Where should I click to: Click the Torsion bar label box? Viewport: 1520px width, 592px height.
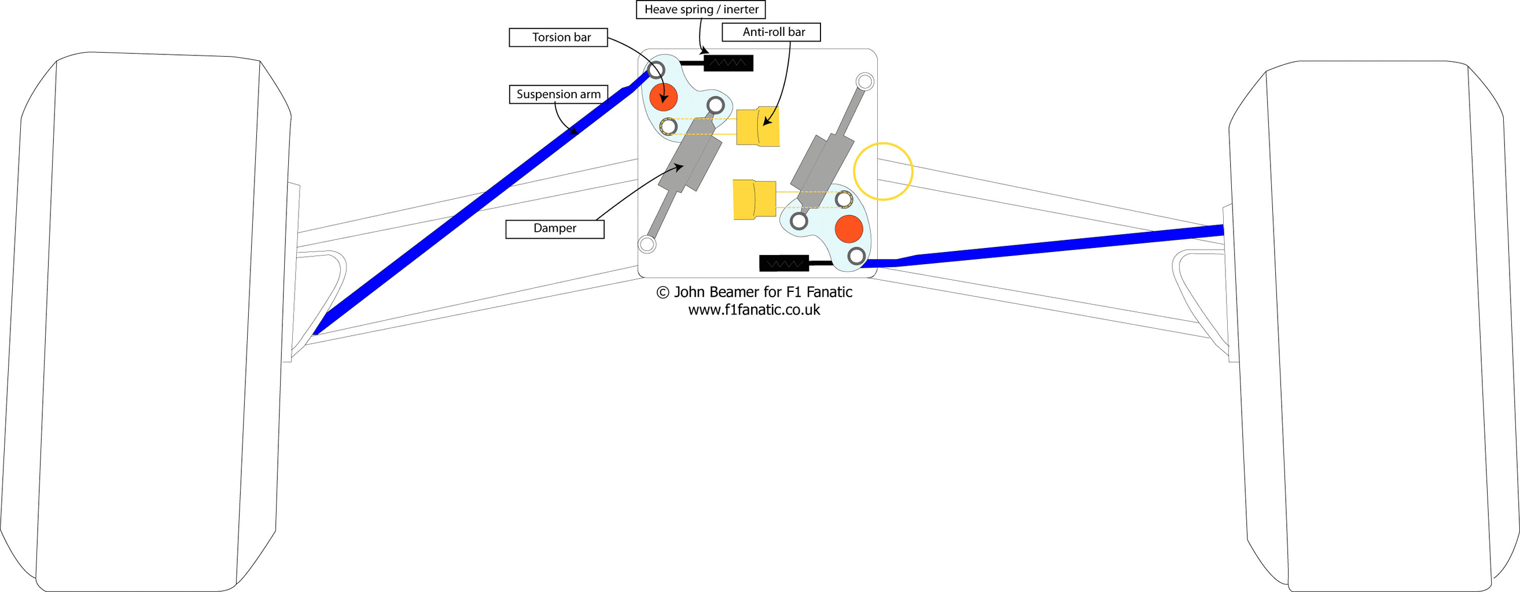558,37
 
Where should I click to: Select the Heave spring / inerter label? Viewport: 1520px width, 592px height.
701,9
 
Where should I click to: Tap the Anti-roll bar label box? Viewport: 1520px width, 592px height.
771,32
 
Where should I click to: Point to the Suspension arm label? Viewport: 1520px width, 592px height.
558,94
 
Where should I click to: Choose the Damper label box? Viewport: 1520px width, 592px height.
555,229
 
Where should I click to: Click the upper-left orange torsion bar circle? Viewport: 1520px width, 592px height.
663,97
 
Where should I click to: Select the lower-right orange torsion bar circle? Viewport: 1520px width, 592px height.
848,229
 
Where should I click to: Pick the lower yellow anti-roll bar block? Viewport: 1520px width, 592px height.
755,200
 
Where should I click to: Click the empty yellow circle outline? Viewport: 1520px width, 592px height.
884,172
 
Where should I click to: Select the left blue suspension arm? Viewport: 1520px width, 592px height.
481,202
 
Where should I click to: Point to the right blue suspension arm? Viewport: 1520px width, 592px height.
1043,246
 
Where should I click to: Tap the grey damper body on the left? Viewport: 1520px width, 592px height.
690,155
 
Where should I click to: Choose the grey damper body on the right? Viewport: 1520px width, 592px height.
822,170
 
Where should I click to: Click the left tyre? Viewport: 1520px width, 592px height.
146,322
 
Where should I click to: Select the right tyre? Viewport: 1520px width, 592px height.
1374,326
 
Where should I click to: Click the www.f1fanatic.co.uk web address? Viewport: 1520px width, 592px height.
754,310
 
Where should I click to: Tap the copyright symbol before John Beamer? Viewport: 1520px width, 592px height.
663,293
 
